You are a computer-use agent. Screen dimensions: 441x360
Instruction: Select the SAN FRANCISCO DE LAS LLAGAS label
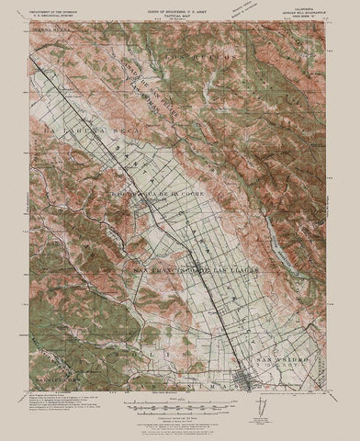coord(186,269)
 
